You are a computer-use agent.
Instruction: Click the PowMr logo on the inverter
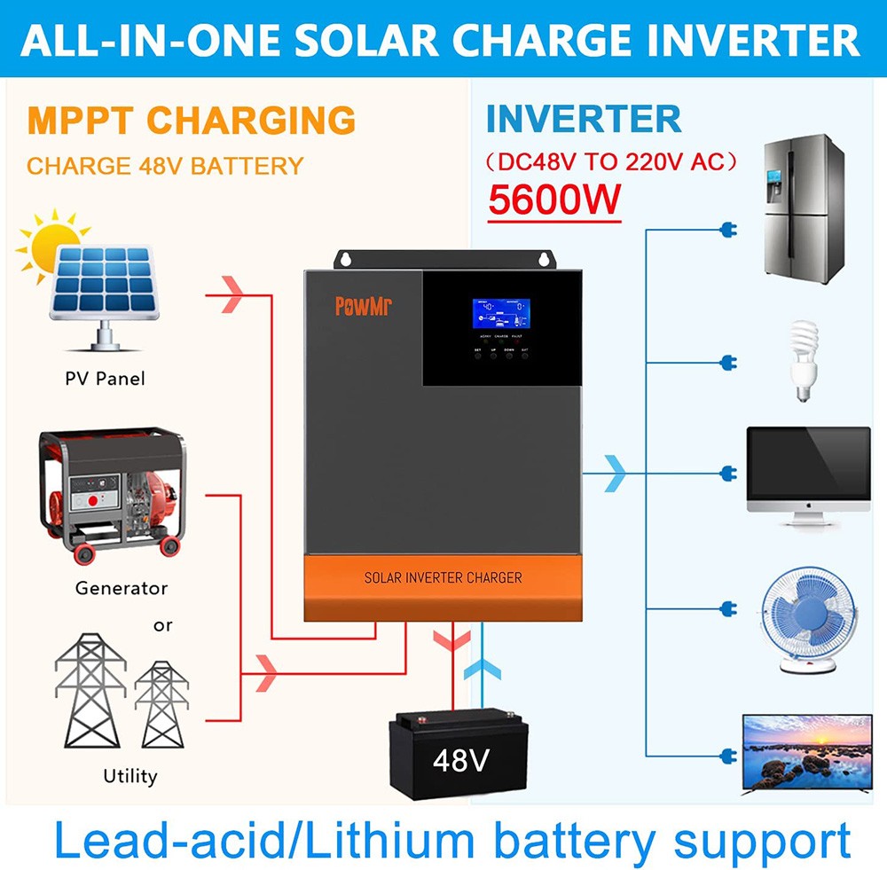[x=365, y=306]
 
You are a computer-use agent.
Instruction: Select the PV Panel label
[x=105, y=379]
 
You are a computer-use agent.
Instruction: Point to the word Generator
[x=121, y=588]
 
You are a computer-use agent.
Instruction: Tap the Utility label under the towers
[x=130, y=777]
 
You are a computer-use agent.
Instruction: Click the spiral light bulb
[x=805, y=361]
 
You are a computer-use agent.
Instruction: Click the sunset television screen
[x=806, y=747]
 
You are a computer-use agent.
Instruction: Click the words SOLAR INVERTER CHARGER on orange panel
[x=443, y=577]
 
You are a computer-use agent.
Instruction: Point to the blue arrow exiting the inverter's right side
[x=615, y=474]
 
